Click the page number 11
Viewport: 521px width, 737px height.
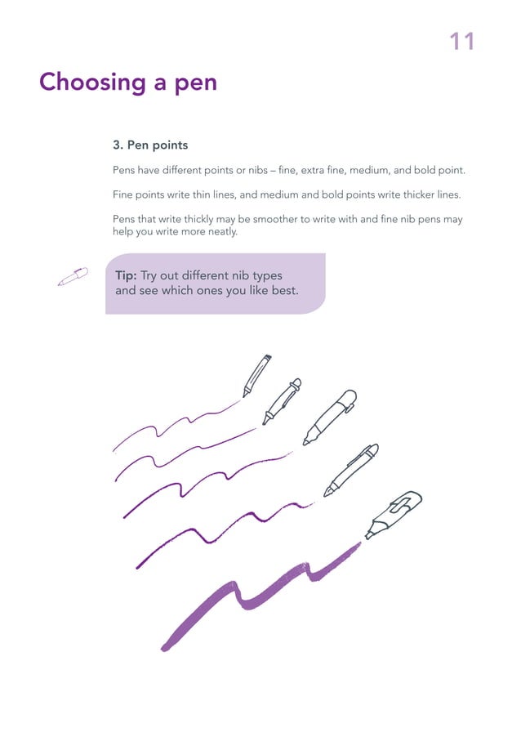461,41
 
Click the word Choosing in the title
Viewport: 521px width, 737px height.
90,83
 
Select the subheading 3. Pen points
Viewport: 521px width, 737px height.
150,145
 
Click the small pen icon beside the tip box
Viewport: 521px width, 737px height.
72,277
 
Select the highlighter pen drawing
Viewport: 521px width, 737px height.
394,514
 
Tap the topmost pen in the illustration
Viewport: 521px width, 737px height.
256,374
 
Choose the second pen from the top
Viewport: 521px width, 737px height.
282,401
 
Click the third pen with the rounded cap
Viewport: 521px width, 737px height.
330,417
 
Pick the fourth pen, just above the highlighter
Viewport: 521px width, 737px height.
351,470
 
